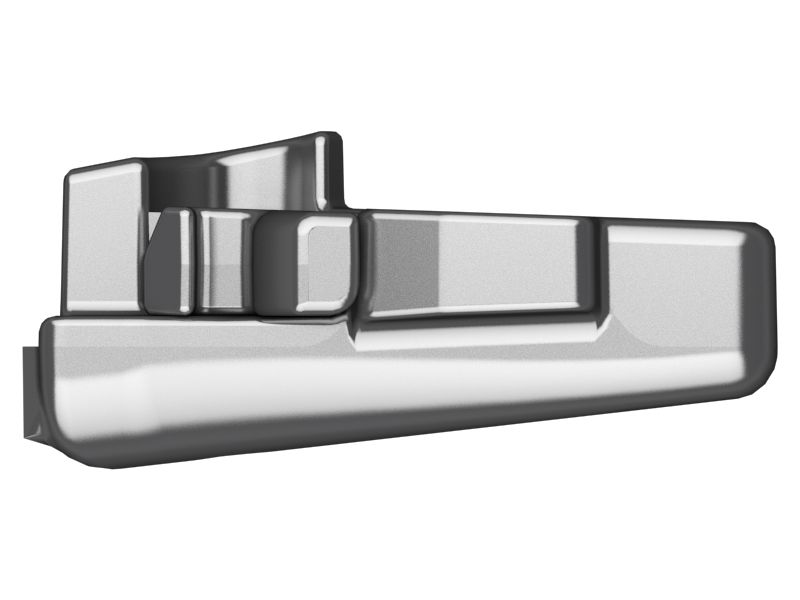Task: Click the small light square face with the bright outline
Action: [327, 262]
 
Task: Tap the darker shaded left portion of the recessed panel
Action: [405, 265]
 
